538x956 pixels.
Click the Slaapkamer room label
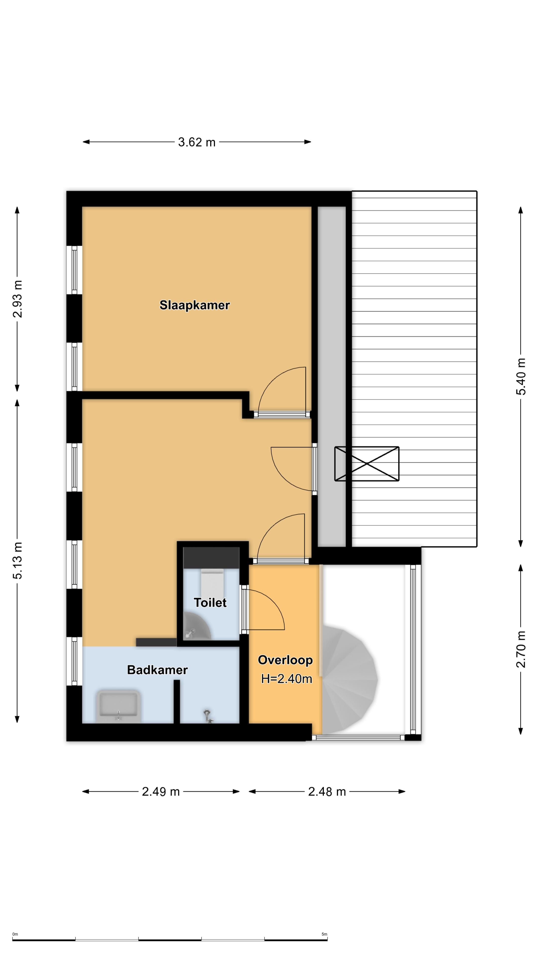click(x=195, y=305)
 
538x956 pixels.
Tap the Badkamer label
click(x=157, y=670)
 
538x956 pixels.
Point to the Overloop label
click(x=285, y=660)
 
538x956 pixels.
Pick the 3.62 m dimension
click(x=197, y=142)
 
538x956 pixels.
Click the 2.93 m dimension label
click(x=17, y=299)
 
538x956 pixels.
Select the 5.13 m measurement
click(x=17, y=561)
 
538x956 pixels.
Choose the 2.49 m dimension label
click(x=161, y=792)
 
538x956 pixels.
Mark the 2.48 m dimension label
click(x=327, y=792)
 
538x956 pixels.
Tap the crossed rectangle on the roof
click(x=367, y=464)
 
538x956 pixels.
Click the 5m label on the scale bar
click(x=324, y=934)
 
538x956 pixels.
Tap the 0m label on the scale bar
click(x=15, y=934)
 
